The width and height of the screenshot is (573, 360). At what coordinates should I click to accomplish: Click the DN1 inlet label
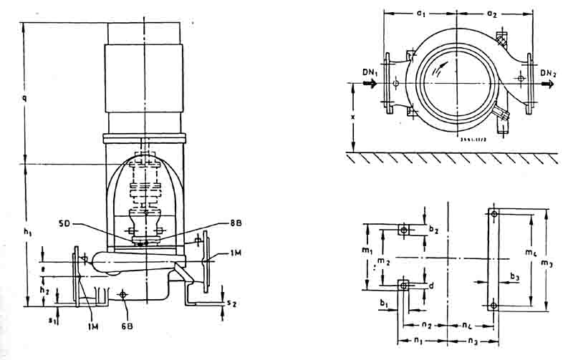(x=369, y=73)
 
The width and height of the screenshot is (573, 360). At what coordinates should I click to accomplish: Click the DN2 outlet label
(x=549, y=73)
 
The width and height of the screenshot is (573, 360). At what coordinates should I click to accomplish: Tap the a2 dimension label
(x=491, y=13)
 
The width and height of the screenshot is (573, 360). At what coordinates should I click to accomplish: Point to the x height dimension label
(x=353, y=115)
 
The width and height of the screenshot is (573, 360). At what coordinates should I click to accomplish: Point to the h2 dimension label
(x=44, y=291)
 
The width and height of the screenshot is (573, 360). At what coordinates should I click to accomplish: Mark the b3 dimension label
(x=515, y=276)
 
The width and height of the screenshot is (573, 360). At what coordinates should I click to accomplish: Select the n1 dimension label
(x=419, y=341)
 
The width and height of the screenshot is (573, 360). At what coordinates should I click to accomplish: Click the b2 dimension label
(x=433, y=229)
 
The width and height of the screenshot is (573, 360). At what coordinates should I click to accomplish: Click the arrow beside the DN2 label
(x=547, y=84)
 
